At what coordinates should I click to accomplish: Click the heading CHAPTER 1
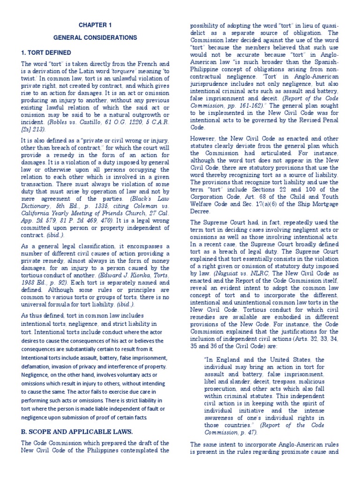95,24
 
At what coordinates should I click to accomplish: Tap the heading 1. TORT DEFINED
46,52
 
